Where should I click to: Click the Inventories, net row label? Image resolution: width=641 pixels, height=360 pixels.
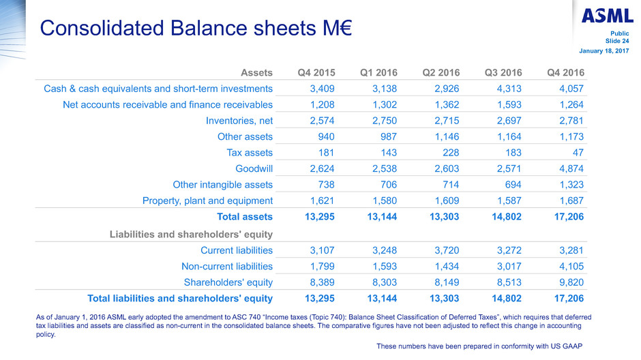click(234, 120)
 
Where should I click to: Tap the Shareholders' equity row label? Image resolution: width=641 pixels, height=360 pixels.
click(228, 282)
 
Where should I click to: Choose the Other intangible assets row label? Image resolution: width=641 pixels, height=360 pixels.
click(214, 184)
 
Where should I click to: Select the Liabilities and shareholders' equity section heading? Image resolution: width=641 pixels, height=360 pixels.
click(191, 234)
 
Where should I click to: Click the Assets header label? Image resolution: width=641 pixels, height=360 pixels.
click(256, 72)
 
